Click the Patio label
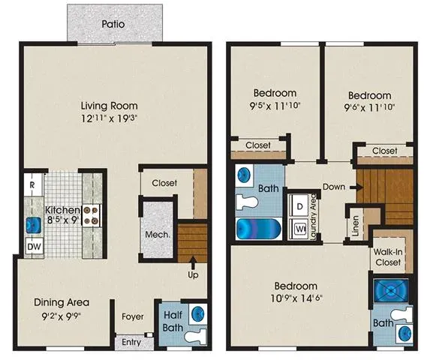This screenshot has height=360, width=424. [x=113, y=24]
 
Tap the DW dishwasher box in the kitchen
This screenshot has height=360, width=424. [x=35, y=246]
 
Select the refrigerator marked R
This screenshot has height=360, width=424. [x=33, y=184]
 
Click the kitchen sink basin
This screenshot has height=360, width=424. [x=34, y=226]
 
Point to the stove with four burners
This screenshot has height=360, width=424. [x=91, y=215]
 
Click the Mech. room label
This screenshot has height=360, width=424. [x=158, y=234]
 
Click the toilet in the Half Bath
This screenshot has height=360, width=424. [x=197, y=336]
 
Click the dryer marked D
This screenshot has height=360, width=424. [x=299, y=206]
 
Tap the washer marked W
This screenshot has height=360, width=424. [x=299, y=229]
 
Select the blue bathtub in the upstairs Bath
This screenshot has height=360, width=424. [x=259, y=229]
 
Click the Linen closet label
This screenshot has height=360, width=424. [x=355, y=226]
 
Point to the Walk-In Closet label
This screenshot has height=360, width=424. [x=388, y=257]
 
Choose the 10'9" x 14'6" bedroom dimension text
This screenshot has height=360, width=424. [x=296, y=298]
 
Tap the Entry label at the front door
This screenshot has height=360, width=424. [x=131, y=342]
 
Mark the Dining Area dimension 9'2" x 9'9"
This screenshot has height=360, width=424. [x=62, y=316]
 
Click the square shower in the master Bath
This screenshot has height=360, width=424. [x=391, y=290]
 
